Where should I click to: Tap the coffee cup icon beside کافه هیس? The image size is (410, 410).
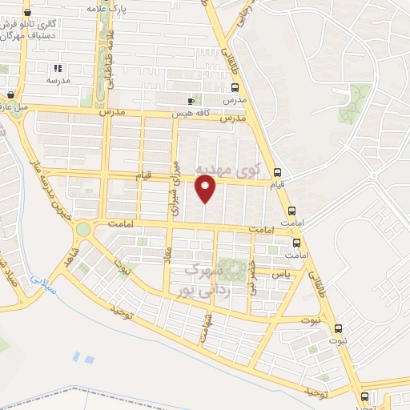191,101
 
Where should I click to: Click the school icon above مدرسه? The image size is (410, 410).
56,68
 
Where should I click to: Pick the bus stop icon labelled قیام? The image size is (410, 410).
277,172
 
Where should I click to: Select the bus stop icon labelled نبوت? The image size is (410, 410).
337,328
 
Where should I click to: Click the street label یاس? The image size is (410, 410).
279,274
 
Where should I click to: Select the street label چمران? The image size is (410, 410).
253,277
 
